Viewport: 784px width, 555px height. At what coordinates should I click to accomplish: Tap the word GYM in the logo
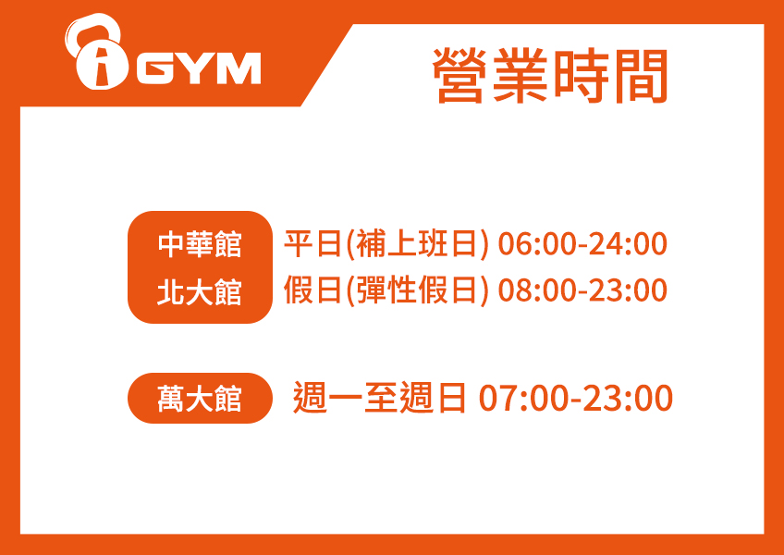199,68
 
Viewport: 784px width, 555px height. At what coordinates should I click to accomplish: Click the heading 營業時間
550,76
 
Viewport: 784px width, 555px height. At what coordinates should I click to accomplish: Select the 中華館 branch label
200,244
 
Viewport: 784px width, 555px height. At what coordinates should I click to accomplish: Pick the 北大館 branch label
200,291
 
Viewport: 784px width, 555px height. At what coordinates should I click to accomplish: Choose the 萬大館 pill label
200,399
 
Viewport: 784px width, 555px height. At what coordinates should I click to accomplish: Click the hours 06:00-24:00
582,244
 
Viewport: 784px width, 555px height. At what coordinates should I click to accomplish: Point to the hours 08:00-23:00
582,290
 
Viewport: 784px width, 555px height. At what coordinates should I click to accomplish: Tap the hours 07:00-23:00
575,399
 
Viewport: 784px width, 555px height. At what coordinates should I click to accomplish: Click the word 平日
312,244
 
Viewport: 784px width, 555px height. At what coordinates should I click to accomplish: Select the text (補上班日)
416,245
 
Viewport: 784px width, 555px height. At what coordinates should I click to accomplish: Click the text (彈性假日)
416,290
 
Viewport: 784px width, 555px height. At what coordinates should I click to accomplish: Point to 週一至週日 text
379,398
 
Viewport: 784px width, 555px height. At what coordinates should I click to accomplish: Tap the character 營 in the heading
460,76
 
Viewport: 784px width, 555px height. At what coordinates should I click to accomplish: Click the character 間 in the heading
641,76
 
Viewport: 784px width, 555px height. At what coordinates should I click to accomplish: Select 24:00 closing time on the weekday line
628,244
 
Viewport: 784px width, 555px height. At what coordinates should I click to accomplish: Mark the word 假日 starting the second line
312,290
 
